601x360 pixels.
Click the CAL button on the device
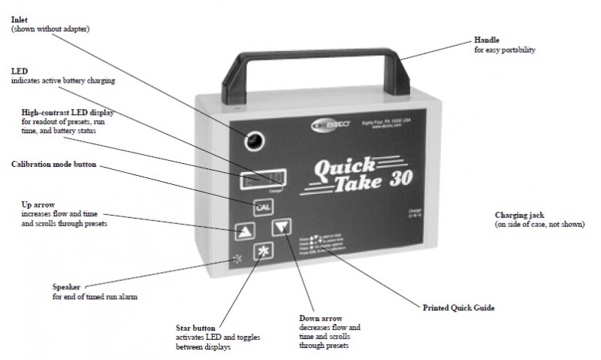262,207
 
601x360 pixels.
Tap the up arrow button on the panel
241,231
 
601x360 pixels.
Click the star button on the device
261,251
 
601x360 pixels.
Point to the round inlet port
255,140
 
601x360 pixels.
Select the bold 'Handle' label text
486,39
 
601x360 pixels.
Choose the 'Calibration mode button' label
54,164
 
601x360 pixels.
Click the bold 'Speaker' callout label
66,286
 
